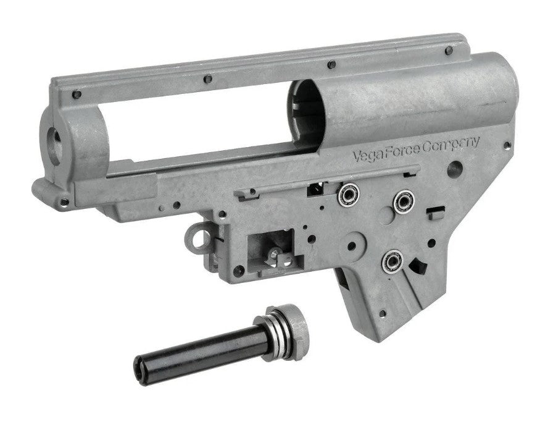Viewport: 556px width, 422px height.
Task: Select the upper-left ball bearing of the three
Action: pyautogui.click(x=348, y=195)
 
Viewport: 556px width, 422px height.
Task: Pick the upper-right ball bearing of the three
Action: pyautogui.click(x=403, y=201)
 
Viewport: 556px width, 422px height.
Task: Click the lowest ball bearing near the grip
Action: pyautogui.click(x=392, y=261)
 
